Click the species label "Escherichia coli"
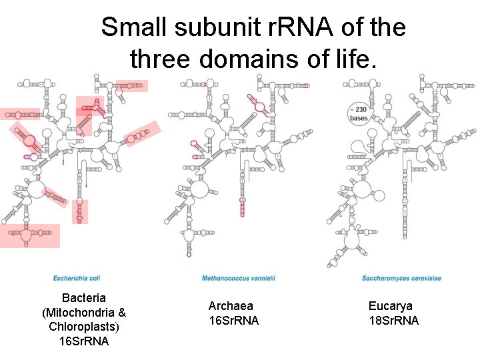pos(77,277)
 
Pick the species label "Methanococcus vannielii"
pos(239,277)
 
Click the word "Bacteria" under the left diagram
pos(83,297)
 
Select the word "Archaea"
pos(231,306)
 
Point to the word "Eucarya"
pos(391,306)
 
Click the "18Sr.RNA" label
pos(394,321)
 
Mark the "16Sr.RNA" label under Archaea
pos(233,321)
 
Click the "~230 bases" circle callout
pos(359,113)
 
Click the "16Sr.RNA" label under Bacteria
pos(84,341)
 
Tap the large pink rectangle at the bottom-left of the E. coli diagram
pos(29,235)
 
